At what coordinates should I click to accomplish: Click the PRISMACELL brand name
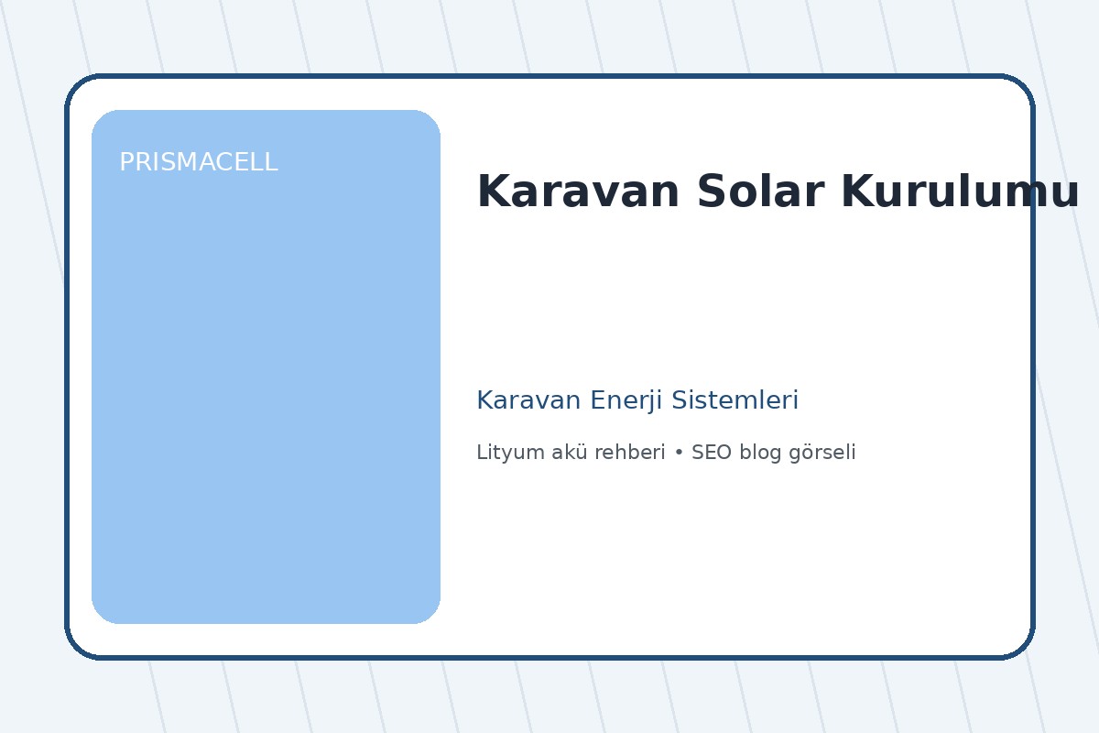pyautogui.click(x=198, y=163)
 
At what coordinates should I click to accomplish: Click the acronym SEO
pyautogui.click(x=711, y=453)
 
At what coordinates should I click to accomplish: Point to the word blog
pyautogui.click(x=760, y=453)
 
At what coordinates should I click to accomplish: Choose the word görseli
pyautogui.click(x=822, y=453)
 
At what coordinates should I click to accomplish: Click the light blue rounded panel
pyautogui.click(x=266, y=394)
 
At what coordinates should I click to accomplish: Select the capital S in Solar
pyautogui.click(x=710, y=192)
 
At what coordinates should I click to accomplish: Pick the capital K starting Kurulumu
pyautogui.click(x=854, y=192)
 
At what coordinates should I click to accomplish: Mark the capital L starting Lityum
pyautogui.click(x=481, y=453)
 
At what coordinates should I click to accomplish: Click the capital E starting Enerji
pyautogui.click(x=597, y=400)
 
